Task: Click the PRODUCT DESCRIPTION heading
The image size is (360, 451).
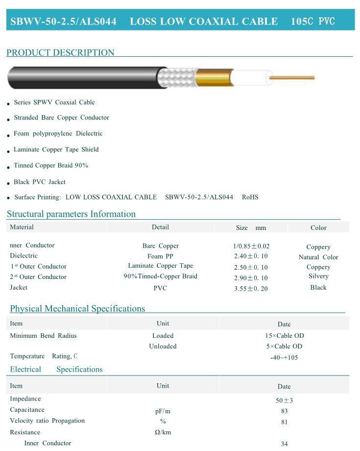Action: (60, 52)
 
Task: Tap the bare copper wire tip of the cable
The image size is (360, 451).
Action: (294, 77)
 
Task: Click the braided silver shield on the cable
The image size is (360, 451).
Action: (179, 77)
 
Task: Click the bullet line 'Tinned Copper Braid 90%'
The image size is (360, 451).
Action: (51, 166)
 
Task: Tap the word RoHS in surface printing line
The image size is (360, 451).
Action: (250, 197)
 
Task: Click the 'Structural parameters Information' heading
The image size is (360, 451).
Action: (71, 214)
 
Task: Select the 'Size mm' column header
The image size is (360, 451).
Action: (251, 227)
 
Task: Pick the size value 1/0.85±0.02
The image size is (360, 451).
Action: (251, 246)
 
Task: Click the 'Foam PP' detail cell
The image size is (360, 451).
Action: (160, 256)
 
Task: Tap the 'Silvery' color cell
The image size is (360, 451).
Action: (318, 276)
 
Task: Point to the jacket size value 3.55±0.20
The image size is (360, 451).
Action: (251, 289)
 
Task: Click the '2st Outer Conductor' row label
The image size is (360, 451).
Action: (38, 277)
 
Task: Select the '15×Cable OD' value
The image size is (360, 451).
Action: (284, 336)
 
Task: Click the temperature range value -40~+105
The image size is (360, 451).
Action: (284, 357)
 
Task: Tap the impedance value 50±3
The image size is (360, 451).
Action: (284, 401)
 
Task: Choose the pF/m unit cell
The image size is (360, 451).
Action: (163, 411)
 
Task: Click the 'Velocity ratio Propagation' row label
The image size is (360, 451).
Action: (47, 421)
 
